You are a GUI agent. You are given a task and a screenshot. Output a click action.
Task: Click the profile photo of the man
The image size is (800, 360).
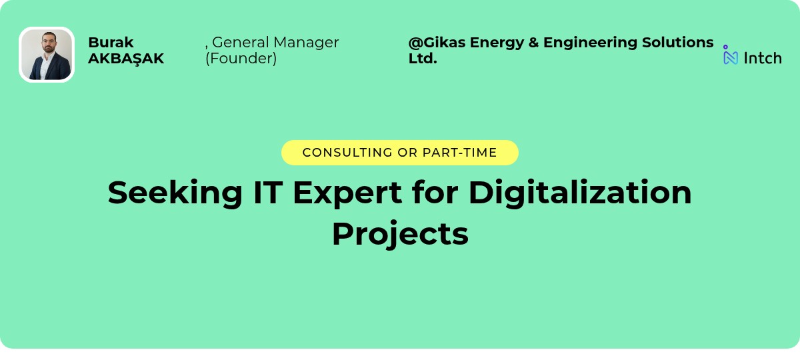pyautogui.click(x=47, y=55)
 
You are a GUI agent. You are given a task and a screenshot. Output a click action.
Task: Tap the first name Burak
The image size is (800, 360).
pyautogui.click(x=111, y=43)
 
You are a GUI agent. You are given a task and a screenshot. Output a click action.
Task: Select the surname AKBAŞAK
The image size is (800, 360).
pyautogui.click(x=126, y=59)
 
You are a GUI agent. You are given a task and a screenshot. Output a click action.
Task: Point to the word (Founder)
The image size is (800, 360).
pyautogui.click(x=241, y=59)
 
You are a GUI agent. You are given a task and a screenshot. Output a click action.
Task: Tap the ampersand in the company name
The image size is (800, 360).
pyautogui.click(x=533, y=43)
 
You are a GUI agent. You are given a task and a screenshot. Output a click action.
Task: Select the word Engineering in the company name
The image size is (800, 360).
pyautogui.click(x=591, y=43)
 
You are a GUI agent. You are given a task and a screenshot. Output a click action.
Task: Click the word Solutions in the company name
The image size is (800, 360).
pyautogui.click(x=678, y=43)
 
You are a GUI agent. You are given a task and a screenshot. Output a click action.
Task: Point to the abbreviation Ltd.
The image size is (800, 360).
pyautogui.click(x=423, y=59)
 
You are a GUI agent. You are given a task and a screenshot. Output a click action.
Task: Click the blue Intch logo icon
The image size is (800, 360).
pyautogui.click(x=731, y=55)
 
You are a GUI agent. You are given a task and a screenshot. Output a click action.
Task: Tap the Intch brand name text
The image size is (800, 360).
pyautogui.click(x=763, y=58)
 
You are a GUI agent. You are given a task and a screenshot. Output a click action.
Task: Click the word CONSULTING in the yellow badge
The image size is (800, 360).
pyautogui.click(x=347, y=153)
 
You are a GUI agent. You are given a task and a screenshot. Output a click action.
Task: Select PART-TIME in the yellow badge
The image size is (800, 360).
pyautogui.click(x=459, y=153)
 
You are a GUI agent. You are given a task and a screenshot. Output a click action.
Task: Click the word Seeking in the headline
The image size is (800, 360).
pyautogui.click(x=175, y=193)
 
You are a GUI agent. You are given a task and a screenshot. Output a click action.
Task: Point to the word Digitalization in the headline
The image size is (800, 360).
pyautogui.click(x=580, y=193)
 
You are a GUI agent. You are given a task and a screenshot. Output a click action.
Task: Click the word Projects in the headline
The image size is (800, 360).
pyautogui.click(x=400, y=234)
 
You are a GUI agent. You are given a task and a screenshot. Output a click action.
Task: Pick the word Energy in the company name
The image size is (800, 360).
pyautogui.click(x=496, y=43)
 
